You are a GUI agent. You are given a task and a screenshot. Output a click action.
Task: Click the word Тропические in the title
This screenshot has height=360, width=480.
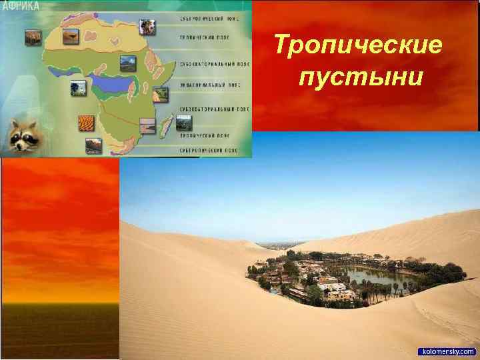coord(359,46)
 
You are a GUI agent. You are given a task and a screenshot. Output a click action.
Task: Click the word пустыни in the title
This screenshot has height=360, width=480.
coord(361,78)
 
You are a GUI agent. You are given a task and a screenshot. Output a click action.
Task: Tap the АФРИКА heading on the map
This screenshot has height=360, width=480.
coord(21,6)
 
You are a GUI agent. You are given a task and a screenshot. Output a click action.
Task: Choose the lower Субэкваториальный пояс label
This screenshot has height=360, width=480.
coord(213,107)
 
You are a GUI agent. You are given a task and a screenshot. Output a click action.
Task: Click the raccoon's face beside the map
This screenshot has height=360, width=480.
coord(22,135)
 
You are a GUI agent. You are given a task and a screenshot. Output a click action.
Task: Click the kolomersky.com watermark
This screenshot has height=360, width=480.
coord(447,351)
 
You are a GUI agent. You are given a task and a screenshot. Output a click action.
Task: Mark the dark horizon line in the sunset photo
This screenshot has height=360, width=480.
coord(60,303)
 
